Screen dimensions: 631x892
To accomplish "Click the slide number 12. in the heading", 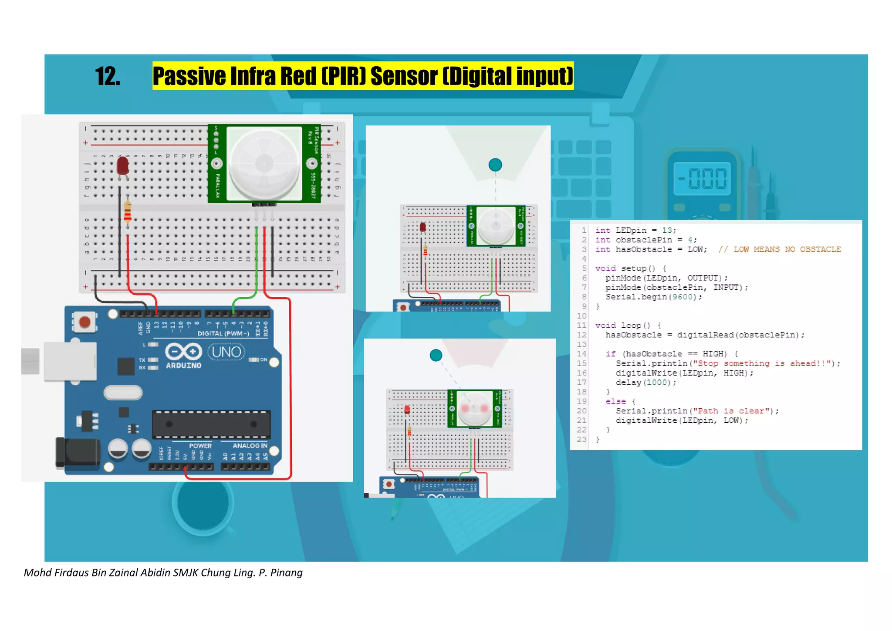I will pos(107,77).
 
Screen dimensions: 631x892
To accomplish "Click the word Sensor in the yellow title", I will pos(403,76).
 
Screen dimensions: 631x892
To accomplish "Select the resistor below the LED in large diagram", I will pos(128,212).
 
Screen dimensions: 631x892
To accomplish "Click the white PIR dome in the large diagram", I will pos(264,164).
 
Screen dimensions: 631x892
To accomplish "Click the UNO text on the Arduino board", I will pos(226,352).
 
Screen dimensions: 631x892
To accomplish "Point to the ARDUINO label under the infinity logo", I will pos(183,366).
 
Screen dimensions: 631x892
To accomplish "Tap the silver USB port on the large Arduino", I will pos(70,361).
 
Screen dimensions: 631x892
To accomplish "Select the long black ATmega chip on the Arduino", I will pos(211,424).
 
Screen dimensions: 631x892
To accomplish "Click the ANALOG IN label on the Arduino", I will pos(250,445).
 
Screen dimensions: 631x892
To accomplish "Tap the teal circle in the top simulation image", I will pos(495,165).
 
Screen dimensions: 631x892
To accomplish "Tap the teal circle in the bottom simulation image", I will pos(436,355).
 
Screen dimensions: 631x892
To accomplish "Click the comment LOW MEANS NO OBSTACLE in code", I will pos(780,249).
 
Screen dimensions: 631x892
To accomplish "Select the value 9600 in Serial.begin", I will pos(683,297).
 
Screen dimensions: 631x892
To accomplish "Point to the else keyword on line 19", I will pos(615,401).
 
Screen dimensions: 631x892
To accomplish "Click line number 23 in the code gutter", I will pos(581,439).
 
